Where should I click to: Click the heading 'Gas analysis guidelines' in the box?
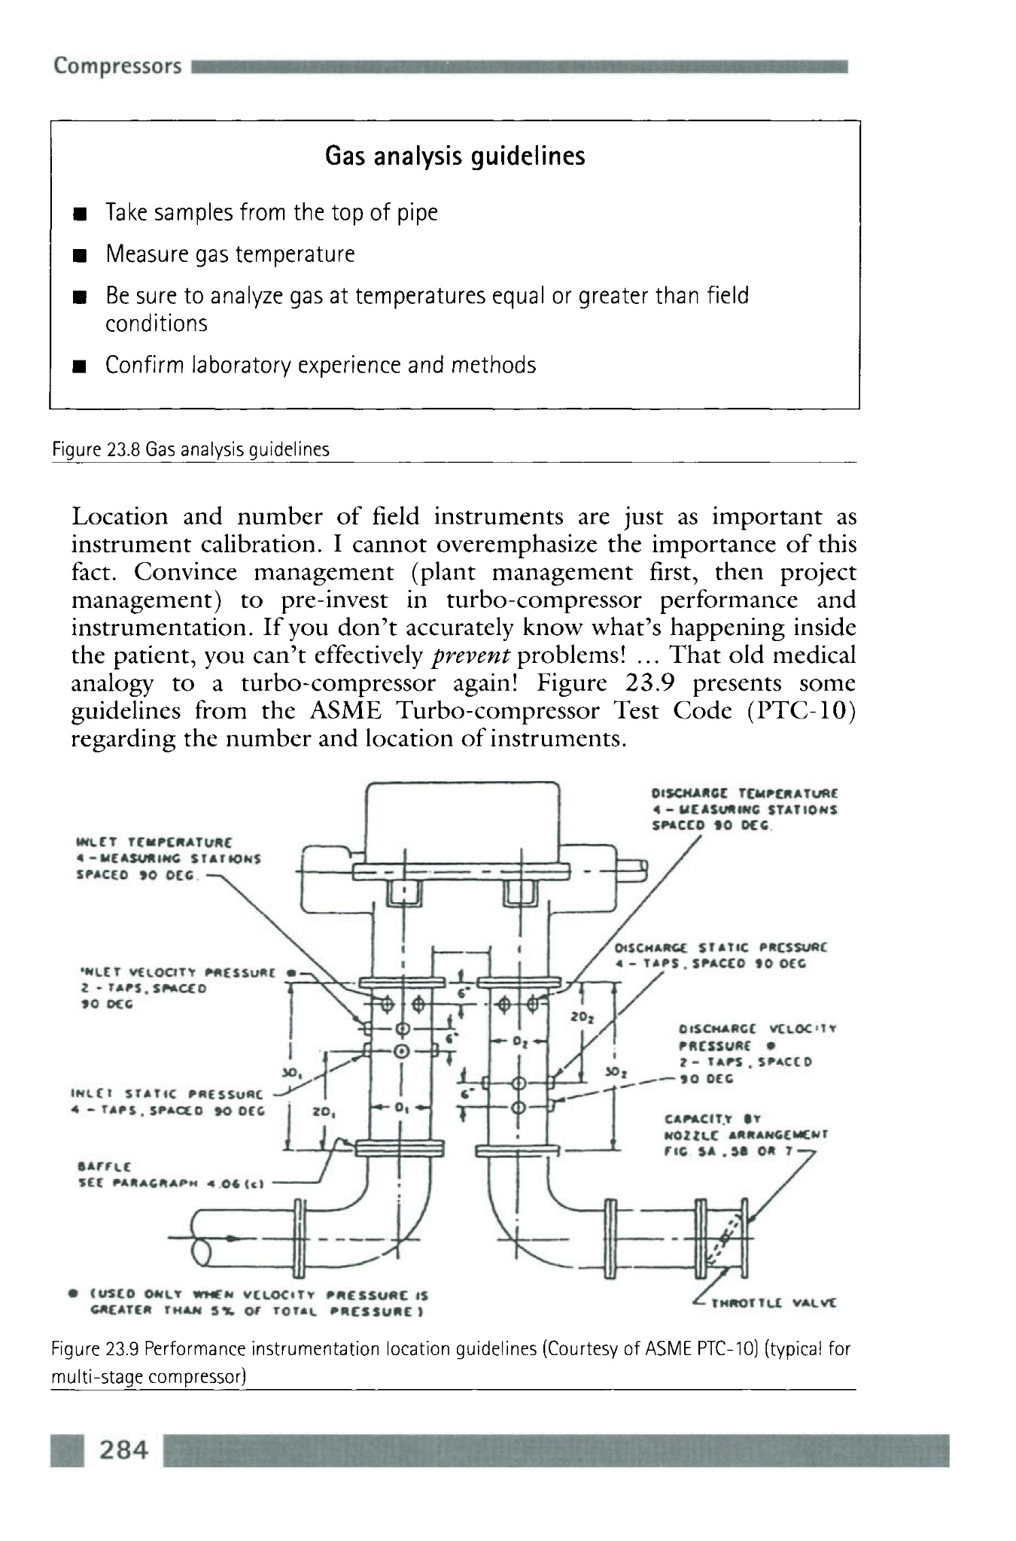(x=455, y=157)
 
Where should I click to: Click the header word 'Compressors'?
(x=117, y=66)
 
